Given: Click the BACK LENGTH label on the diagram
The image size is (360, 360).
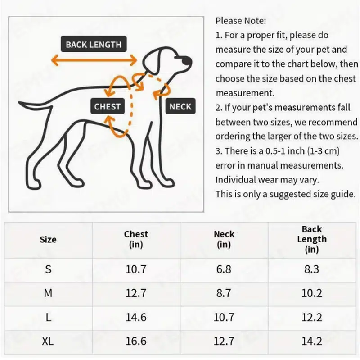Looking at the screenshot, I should [93, 45].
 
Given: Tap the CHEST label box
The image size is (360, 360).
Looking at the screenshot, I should [107, 107].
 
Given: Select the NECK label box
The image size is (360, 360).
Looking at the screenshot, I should [180, 107].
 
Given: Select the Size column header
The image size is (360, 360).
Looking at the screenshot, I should [48, 239].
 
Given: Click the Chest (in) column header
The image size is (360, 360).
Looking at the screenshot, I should [136, 239].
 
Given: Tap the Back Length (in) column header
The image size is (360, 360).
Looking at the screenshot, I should [312, 239].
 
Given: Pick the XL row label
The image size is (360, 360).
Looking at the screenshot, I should [48, 342].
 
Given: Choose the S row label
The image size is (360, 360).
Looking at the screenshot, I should [48, 269].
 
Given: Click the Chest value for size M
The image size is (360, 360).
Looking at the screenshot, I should [136, 293].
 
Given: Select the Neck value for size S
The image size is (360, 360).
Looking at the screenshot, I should [224, 269].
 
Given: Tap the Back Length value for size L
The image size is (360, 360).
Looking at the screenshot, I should [312, 317].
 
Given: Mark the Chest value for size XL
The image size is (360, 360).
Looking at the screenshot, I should [136, 342].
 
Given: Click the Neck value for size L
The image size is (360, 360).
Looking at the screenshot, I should [224, 317].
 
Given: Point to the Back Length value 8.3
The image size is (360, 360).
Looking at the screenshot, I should [312, 269].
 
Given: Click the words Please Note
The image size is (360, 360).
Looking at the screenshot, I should [241, 20].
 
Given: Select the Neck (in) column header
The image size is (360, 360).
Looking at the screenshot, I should [224, 239].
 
